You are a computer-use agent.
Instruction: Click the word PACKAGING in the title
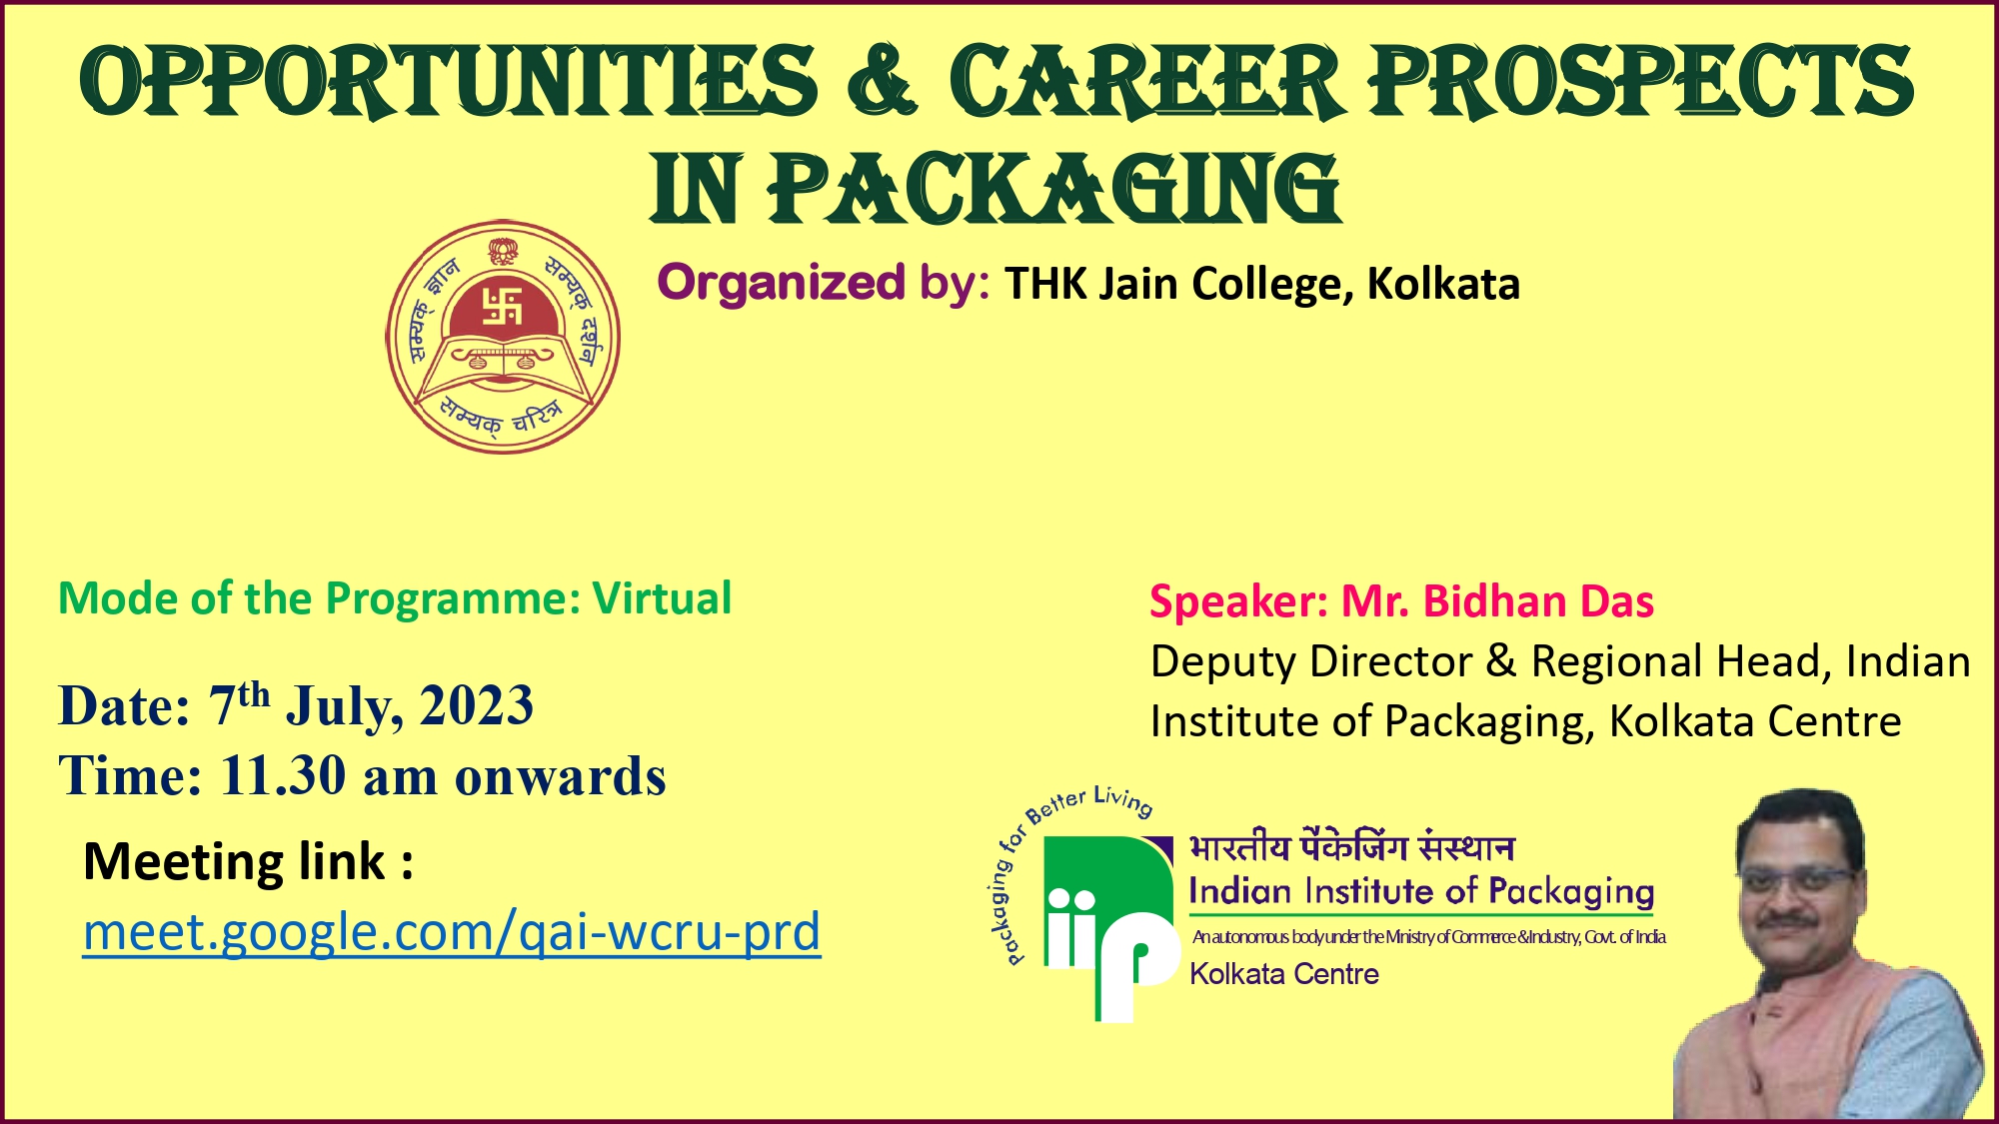(x=1054, y=189)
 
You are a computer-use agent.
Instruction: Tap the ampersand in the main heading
(x=881, y=80)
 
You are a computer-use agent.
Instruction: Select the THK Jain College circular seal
(x=503, y=337)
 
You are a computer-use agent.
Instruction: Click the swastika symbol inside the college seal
(x=503, y=307)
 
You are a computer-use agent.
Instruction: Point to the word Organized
(x=782, y=283)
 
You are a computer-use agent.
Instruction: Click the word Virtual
(x=663, y=598)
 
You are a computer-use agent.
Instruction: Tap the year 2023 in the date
(x=477, y=705)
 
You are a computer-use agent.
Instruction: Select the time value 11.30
(x=283, y=775)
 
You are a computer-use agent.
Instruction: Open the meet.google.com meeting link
(x=452, y=931)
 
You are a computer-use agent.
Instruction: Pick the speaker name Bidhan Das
(x=1538, y=601)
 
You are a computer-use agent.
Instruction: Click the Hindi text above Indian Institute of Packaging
(x=1351, y=847)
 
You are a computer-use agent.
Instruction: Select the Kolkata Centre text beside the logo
(x=1284, y=974)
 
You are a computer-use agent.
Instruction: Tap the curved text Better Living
(x=1089, y=802)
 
